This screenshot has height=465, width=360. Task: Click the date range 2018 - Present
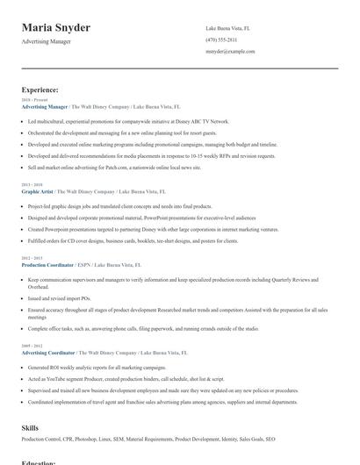[32, 101]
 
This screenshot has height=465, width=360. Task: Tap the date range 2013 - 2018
[32, 185]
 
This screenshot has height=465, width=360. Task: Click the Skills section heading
[30, 427]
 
